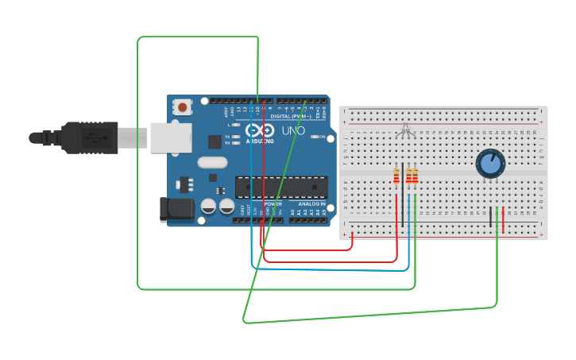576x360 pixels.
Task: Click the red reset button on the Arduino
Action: [183, 106]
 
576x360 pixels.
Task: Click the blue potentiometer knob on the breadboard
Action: [489, 164]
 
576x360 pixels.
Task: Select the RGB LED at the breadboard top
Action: [406, 130]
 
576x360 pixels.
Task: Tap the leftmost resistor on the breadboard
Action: [396, 176]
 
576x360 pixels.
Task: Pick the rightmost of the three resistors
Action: [415, 176]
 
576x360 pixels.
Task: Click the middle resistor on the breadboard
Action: [408, 176]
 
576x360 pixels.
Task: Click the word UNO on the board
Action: [284, 130]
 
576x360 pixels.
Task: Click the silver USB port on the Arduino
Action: [171, 137]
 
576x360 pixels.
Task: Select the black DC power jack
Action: [176, 209]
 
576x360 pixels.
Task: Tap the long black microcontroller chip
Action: [281, 188]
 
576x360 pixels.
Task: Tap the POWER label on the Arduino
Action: [273, 204]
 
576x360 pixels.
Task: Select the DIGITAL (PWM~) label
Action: [292, 116]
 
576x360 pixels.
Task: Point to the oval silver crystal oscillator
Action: [213, 163]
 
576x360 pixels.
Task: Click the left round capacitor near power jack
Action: [208, 206]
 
